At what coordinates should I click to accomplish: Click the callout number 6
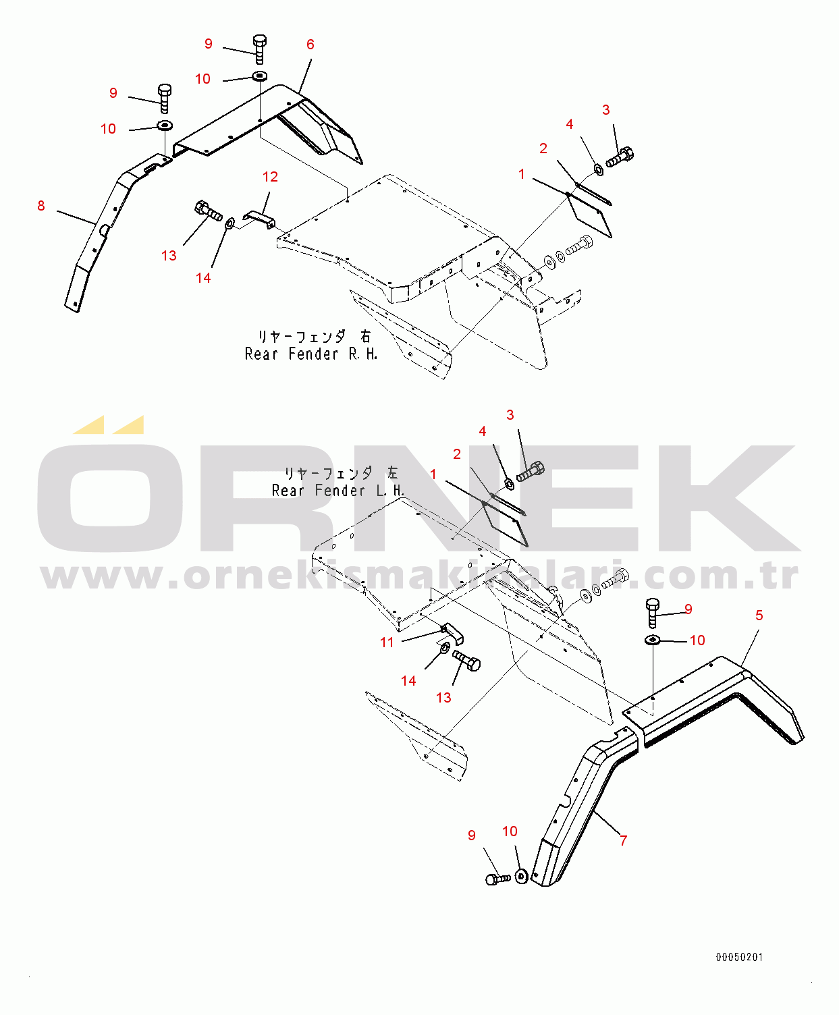coord(310,45)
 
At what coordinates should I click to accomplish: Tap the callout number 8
coord(41,206)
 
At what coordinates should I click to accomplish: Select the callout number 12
coord(270,177)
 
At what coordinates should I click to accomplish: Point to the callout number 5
coord(759,615)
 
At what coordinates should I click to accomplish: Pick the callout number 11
coord(387,642)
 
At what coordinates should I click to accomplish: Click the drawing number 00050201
coord(739,957)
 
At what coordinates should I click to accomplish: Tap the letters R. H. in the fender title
coord(362,354)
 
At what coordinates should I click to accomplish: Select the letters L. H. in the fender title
coord(390,491)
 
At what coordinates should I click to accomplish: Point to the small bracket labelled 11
coord(452,634)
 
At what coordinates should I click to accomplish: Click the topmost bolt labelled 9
coord(260,49)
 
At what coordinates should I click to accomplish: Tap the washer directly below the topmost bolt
coord(260,76)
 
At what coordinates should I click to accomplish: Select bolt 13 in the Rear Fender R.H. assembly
coord(208,211)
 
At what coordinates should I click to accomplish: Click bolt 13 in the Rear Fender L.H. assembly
coord(466,661)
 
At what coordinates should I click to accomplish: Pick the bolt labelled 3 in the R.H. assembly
coord(620,157)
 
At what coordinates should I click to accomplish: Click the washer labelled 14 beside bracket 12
coord(230,223)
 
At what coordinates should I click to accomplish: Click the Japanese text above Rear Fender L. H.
coord(342,472)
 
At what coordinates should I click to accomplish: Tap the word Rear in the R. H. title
coord(261,354)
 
